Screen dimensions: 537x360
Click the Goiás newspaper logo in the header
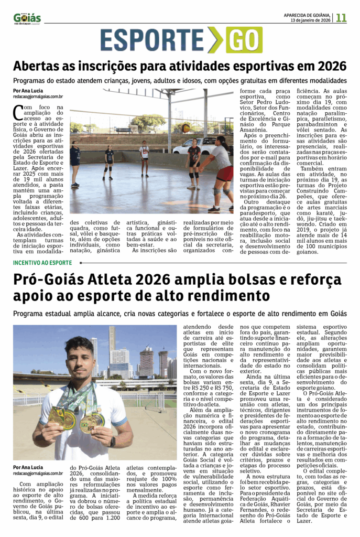click(27, 18)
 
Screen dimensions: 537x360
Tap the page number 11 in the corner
click(341, 17)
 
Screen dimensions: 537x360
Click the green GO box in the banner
click(244, 40)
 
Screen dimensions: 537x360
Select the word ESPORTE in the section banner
click(152, 40)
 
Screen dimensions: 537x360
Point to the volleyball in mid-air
click(186, 128)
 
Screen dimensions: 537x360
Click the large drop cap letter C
click(19, 112)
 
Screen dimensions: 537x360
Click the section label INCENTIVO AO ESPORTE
click(43, 263)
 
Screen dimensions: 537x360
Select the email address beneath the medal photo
click(38, 474)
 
